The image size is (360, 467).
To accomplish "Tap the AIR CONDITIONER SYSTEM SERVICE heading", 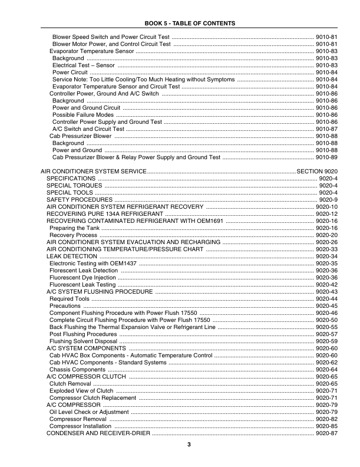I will click(x=93, y=171).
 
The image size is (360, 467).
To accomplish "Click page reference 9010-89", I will click(x=326, y=157).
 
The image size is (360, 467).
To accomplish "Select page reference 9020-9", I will click(x=328, y=200).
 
